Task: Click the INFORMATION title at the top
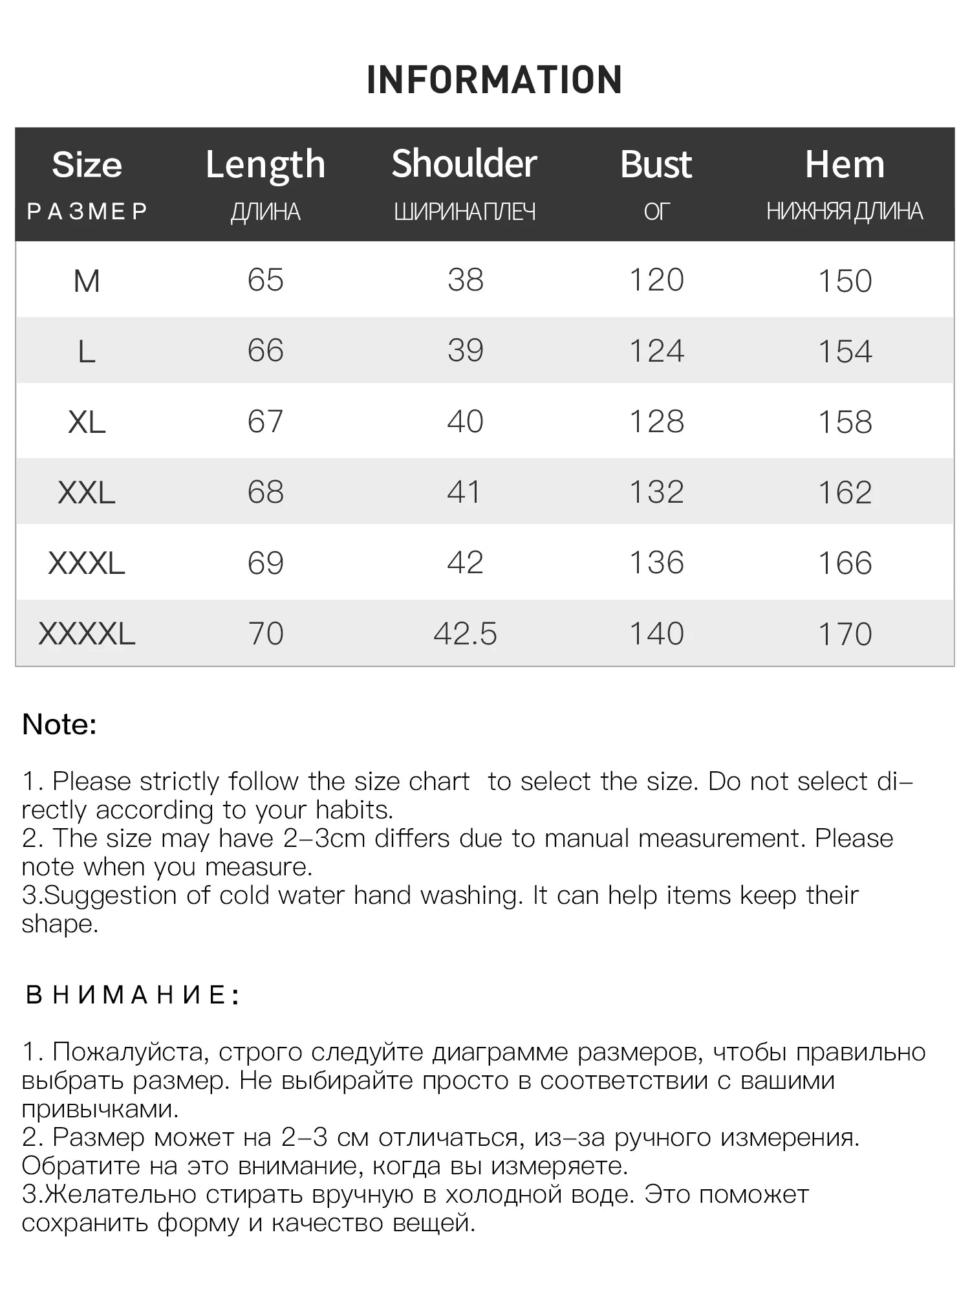click(x=494, y=80)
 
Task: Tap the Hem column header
click(x=845, y=164)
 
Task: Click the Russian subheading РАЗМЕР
click(x=87, y=212)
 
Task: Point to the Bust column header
click(x=656, y=164)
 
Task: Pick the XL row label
click(x=87, y=422)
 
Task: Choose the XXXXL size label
click(x=87, y=634)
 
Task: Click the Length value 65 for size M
click(x=265, y=280)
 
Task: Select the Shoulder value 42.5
click(x=465, y=634)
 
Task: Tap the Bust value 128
click(x=656, y=422)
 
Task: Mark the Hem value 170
click(x=845, y=634)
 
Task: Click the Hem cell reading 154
click(x=845, y=351)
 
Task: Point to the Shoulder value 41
click(x=464, y=492)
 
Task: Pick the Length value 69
click(x=265, y=563)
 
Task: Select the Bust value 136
click(x=656, y=563)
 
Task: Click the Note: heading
click(x=59, y=725)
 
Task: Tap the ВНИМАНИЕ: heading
click(x=133, y=995)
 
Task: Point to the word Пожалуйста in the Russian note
click(x=130, y=1053)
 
